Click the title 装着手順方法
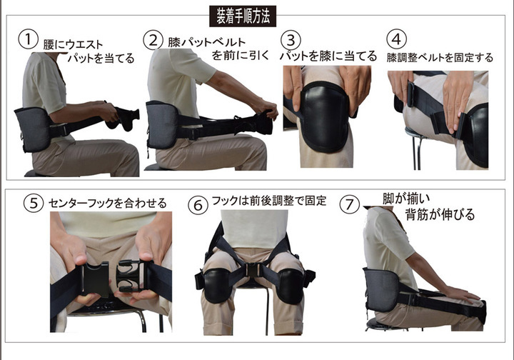coord(243,16)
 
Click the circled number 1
coord(28,39)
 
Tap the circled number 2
coord(153,40)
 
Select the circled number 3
coord(291,40)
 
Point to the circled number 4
coord(396,39)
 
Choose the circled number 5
coord(34,203)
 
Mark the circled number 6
coord(198,205)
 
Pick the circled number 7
coord(349,204)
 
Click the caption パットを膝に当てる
coord(328,56)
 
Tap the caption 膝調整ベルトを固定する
coord(440,58)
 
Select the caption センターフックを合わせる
coord(108,204)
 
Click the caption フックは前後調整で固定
coord(269,201)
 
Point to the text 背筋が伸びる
coord(440,214)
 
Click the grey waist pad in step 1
coord(33,129)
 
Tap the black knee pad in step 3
coord(325,117)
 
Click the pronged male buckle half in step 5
coord(128,276)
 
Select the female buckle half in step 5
coord(95,279)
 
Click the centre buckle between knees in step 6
coord(253,271)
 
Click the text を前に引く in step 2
coord(241,55)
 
